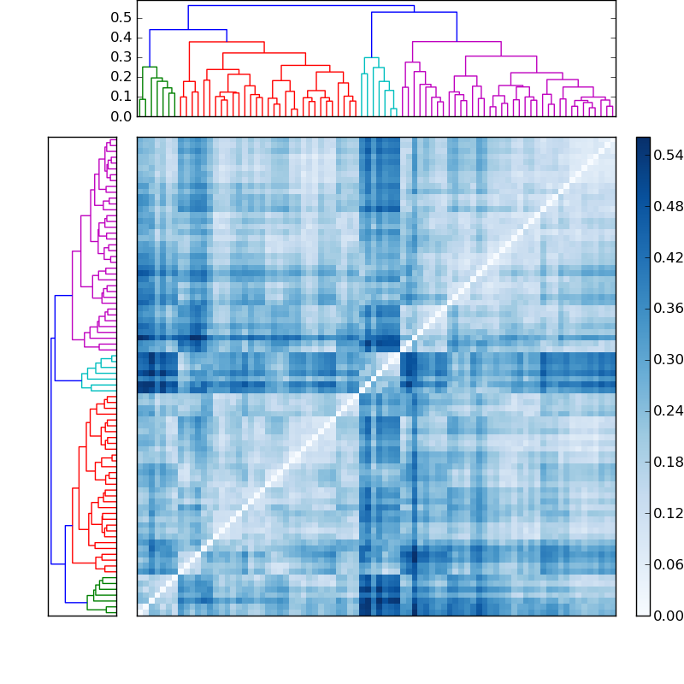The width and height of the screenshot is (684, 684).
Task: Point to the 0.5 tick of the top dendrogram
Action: (x=121, y=18)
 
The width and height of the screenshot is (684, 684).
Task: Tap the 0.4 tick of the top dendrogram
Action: (x=121, y=38)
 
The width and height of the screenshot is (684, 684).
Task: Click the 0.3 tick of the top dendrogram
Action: (x=121, y=57)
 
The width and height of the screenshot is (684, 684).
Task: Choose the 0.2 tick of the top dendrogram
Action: (x=121, y=77)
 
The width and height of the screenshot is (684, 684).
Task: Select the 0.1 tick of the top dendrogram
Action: (x=121, y=97)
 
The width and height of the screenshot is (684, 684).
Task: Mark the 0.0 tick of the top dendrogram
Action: (x=121, y=116)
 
